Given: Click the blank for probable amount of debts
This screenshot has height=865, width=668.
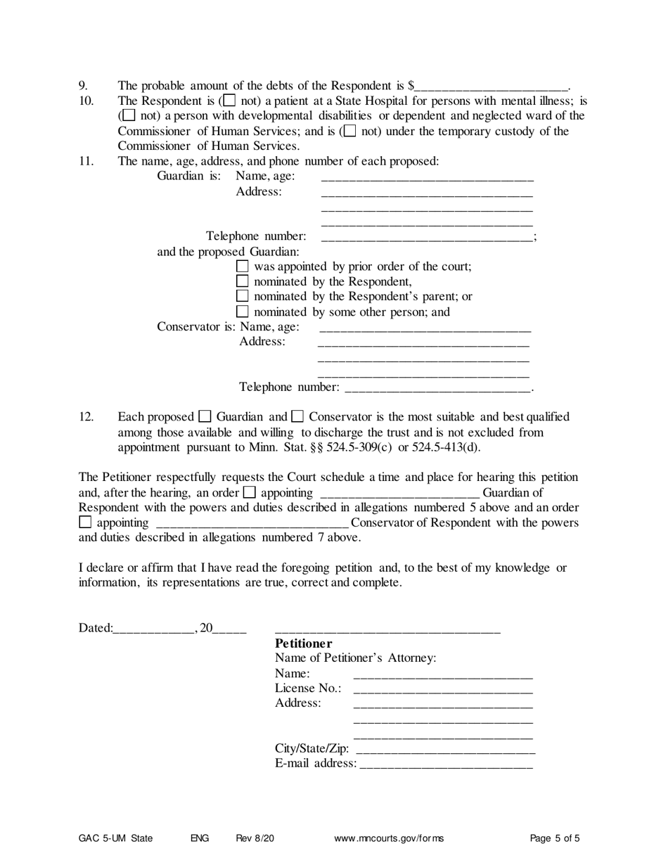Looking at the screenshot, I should coord(491,87).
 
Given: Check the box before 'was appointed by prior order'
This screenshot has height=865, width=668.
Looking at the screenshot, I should coord(243,267).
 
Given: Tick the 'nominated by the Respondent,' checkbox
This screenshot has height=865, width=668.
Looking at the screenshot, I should coord(243,282).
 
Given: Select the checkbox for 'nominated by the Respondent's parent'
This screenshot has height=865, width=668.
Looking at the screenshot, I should coord(243,297).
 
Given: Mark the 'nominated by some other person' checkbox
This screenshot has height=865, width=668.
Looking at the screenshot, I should coord(243,312).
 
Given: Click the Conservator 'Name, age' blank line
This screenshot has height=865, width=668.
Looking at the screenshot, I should coord(425,328).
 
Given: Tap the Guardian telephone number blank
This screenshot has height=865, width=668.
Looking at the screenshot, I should coord(425,238).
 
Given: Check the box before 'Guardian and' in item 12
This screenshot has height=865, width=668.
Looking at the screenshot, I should coord(205,416).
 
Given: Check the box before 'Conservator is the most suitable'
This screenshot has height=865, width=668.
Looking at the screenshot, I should coord(297,416).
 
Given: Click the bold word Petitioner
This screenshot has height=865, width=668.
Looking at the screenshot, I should coord(303,643).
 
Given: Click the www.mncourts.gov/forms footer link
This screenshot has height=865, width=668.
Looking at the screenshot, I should coord(389,838).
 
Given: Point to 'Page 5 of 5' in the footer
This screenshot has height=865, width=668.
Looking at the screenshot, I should coord(555,838).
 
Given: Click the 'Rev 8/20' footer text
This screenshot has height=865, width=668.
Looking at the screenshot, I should coord(255,838).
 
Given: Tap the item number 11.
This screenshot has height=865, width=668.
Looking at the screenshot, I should coord(85,160).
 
